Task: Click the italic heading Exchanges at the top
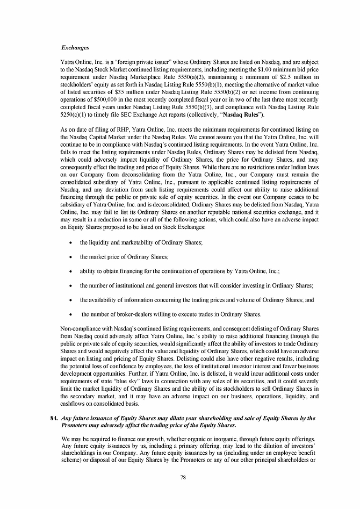click(75, 48)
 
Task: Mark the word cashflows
click(75, 405)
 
